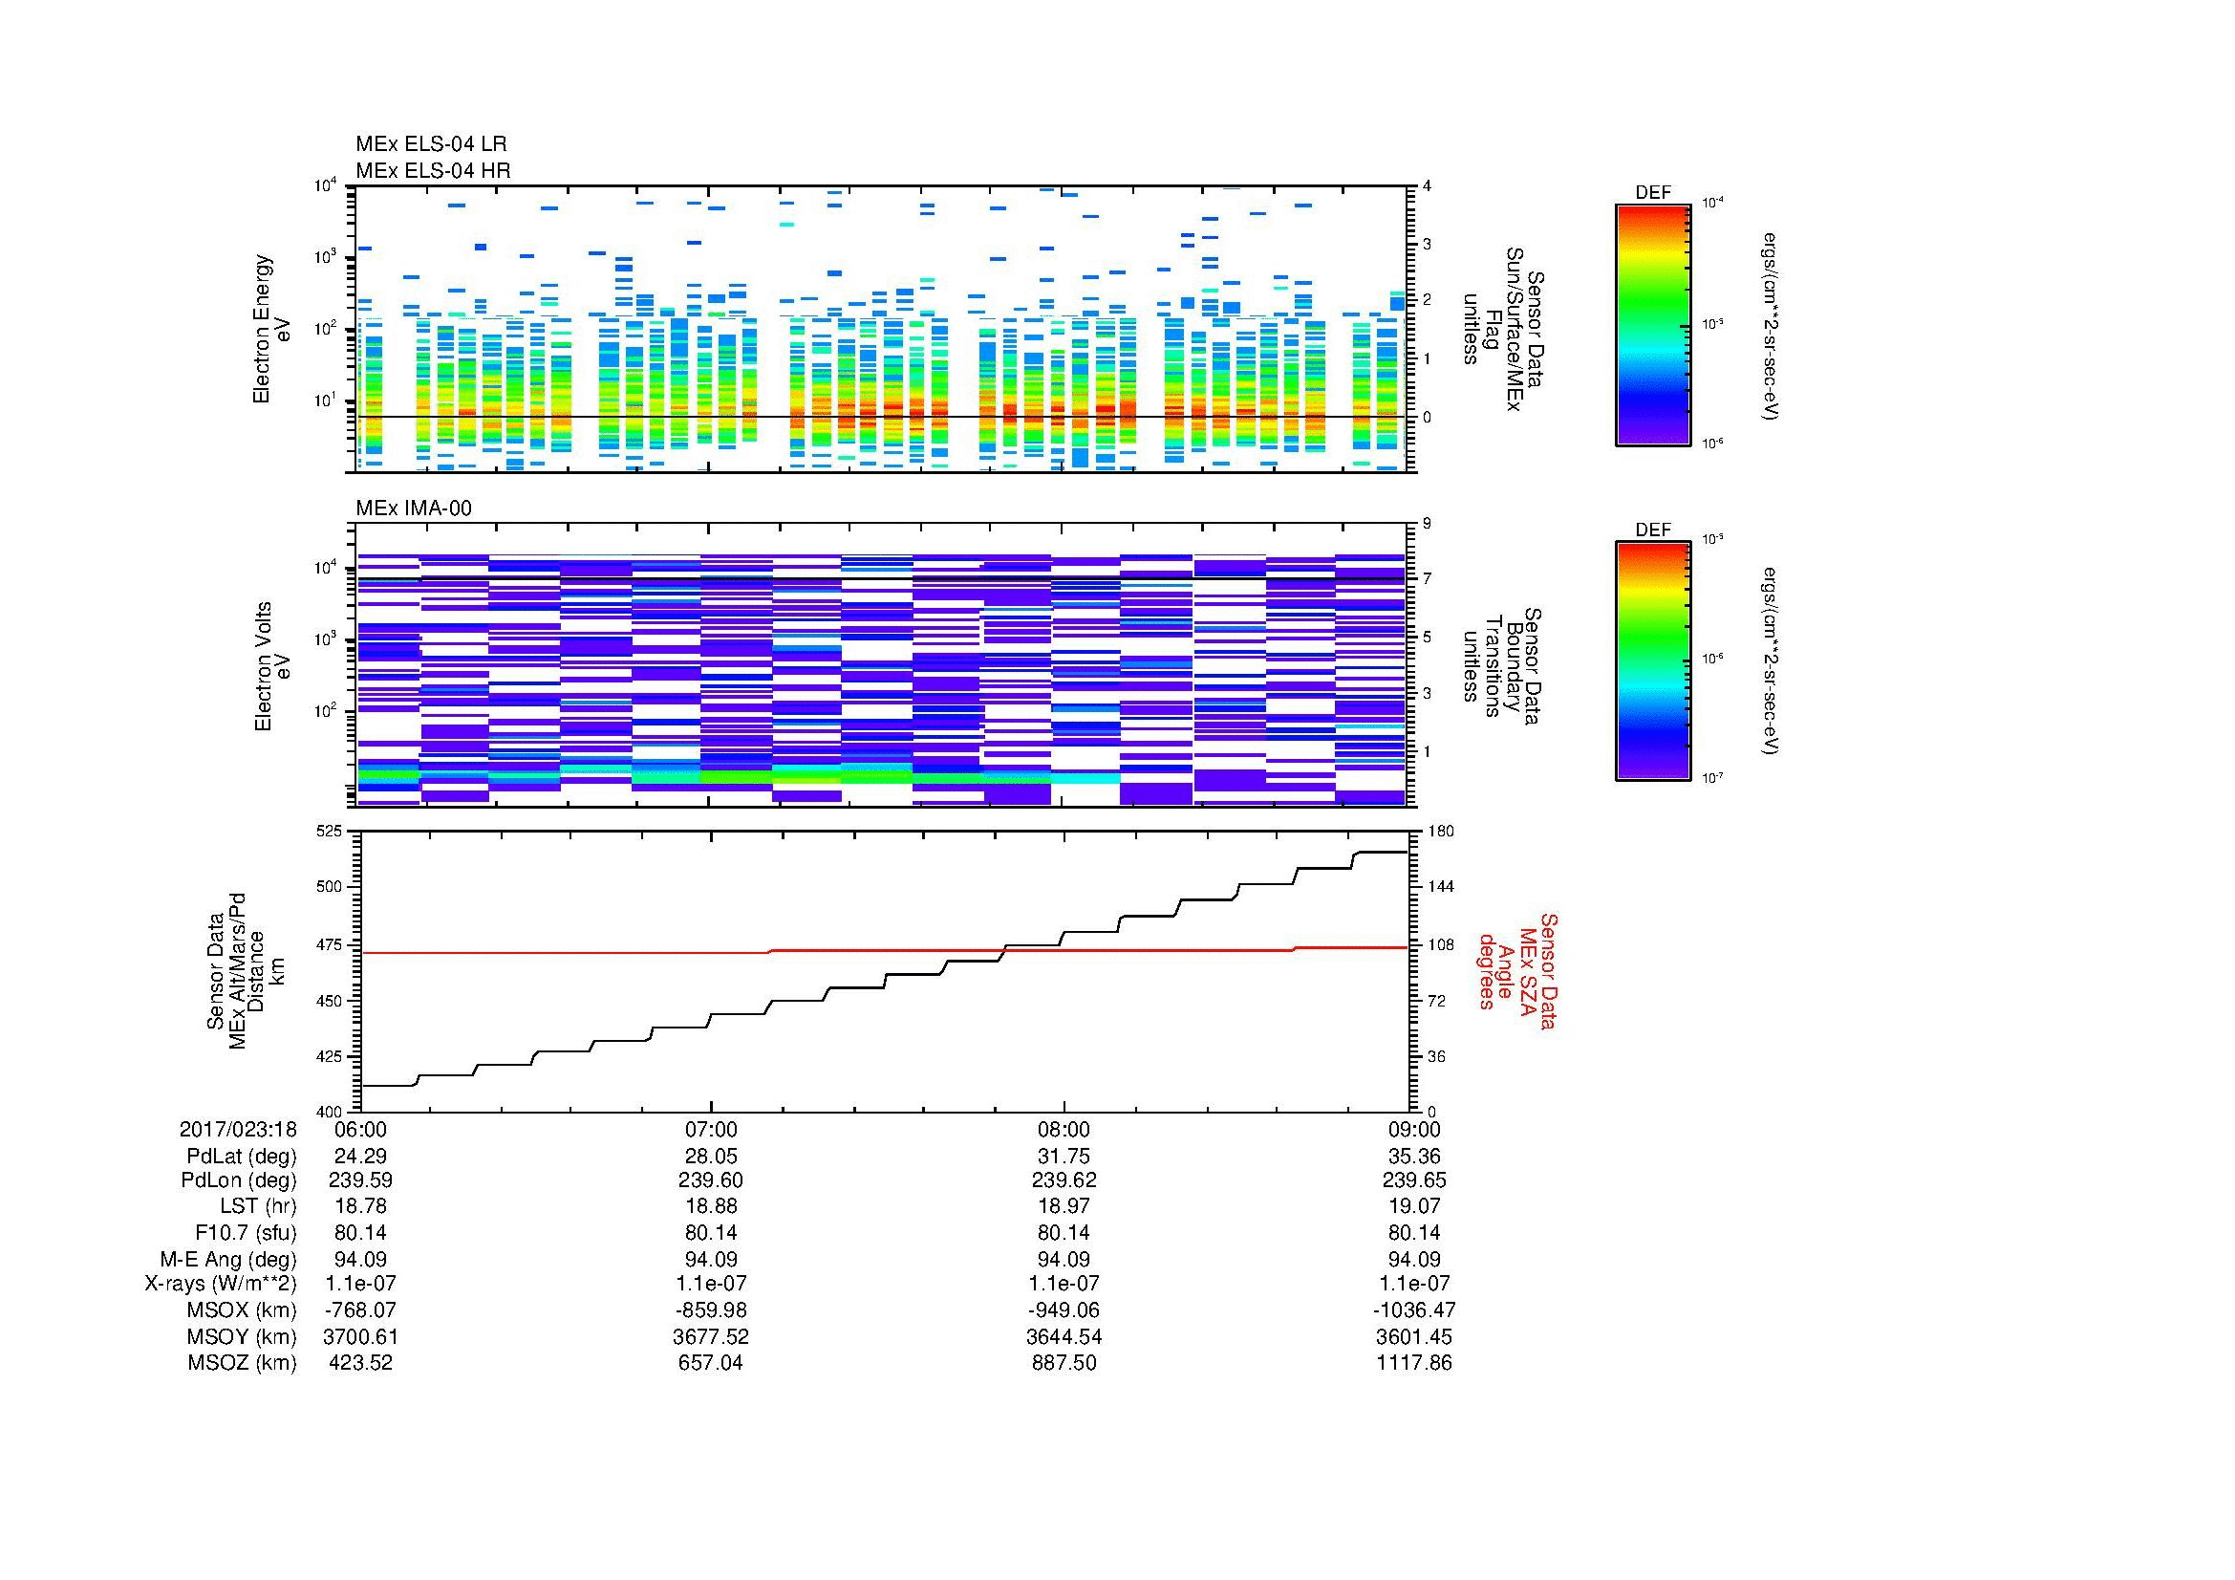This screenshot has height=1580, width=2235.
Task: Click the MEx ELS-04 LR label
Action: tap(430, 144)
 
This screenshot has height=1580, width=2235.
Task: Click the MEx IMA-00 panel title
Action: tap(413, 509)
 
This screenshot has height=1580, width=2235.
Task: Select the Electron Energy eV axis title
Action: tap(271, 329)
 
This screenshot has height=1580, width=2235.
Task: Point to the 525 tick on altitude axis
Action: tap(329, 832)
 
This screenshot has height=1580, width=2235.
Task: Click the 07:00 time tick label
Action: tap(711, 1129)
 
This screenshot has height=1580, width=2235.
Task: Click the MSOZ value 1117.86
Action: tap(1413, 1363)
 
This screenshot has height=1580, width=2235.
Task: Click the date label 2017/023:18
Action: tap(238, 1129)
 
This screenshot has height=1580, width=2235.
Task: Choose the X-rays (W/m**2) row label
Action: tap(221, 1284)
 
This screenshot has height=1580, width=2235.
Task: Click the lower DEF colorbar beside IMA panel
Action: tap(1652, 661)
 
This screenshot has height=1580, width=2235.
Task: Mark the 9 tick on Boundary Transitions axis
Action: tap(1427, 524)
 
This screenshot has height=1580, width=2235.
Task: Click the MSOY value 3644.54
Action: tap(1063, 1336)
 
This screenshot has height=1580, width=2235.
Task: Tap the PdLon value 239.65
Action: tap(1413, 1180)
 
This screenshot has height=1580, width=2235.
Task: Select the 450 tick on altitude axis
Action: tap(329, 1001)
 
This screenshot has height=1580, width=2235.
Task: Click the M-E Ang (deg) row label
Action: tap(227, 1259)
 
